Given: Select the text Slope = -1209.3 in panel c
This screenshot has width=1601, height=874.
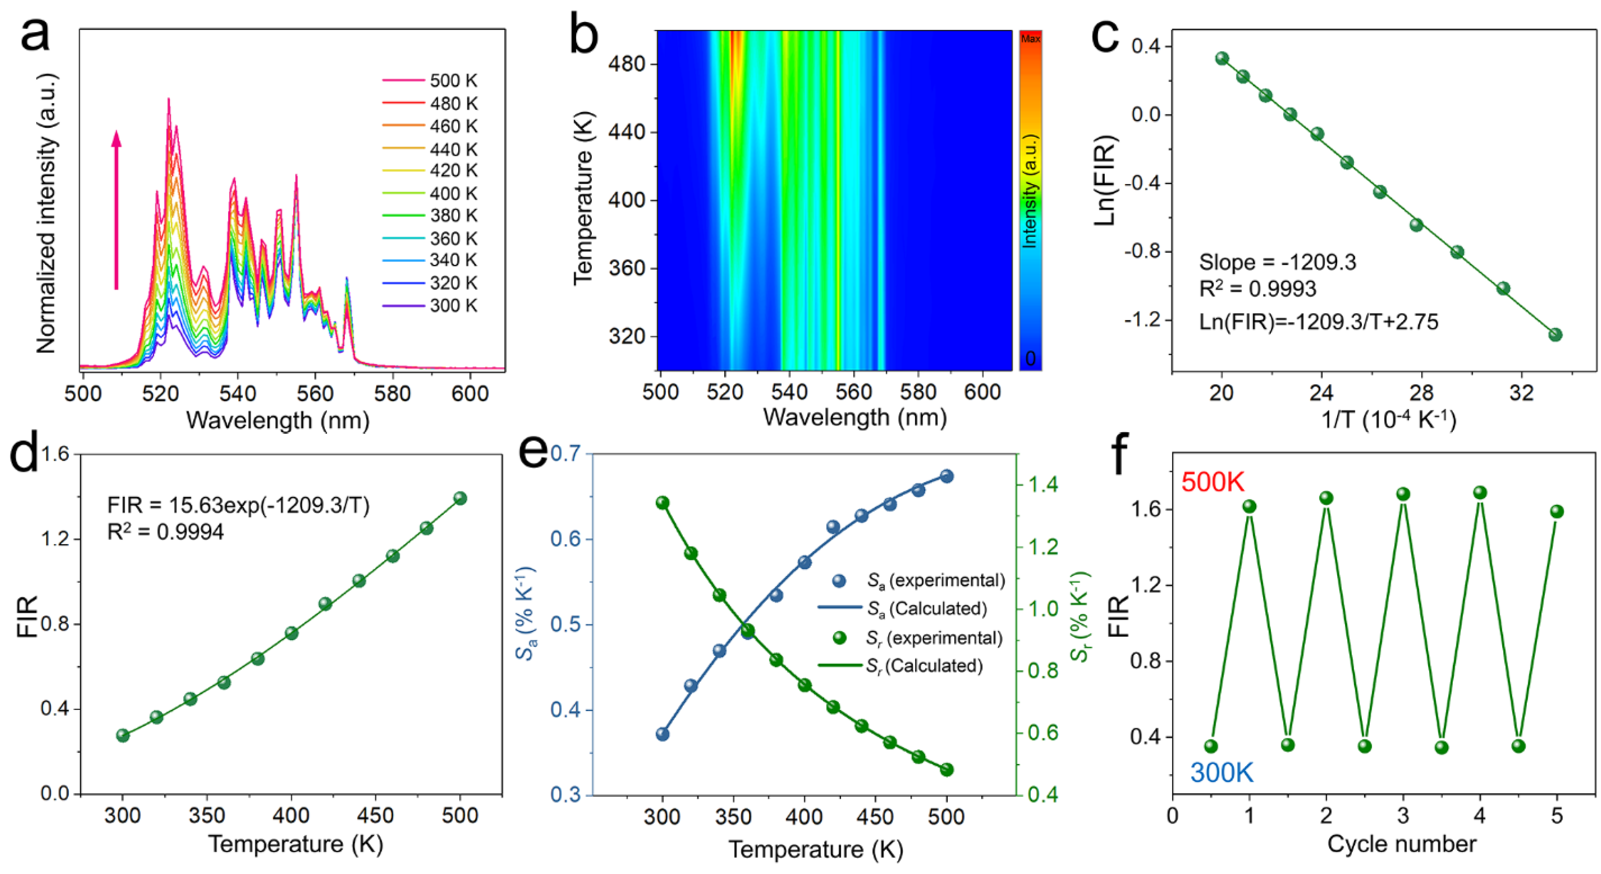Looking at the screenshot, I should [1277, 262].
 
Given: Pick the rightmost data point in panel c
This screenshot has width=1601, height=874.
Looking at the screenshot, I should [1555, 335].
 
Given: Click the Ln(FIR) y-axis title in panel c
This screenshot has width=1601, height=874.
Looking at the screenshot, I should [1107, 180].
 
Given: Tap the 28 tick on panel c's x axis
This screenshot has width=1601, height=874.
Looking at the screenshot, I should [1421, 393].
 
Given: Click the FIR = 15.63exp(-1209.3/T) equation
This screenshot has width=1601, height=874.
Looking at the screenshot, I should [238, 505].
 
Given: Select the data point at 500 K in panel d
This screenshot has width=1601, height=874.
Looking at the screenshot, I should [460, 499].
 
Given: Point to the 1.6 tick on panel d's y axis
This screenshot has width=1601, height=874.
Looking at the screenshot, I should [55, 454].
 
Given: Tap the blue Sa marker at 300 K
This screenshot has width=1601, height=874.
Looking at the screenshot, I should [662, 734].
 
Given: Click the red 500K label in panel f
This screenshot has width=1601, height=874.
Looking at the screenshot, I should [1213, 482].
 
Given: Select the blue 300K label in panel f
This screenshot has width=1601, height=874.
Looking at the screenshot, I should [1222, 773].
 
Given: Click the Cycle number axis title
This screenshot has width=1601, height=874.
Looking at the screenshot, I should [1401, 844].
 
